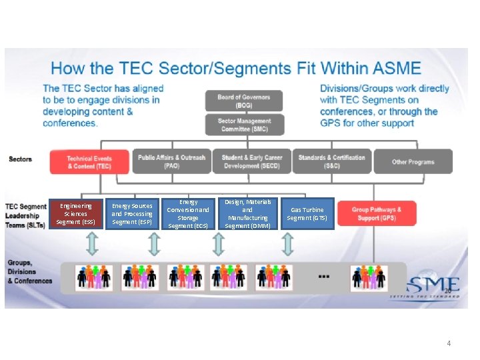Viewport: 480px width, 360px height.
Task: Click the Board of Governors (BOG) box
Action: point(243,101)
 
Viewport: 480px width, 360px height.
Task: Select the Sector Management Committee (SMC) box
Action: point(243,125)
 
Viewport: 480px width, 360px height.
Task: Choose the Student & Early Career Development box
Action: point(251,161)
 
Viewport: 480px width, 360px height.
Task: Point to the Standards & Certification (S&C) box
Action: point(331,161)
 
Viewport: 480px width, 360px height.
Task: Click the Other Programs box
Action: point(413,161)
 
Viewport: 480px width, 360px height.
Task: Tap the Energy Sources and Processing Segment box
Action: point(132,214)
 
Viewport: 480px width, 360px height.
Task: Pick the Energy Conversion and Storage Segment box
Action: point(188,214)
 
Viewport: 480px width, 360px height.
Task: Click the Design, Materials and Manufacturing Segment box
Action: point(247,214)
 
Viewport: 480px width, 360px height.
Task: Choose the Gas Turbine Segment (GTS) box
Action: point(307,214)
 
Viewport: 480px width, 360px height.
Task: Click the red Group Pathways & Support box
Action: point(377,214)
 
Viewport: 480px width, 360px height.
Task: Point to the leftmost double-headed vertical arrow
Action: point(92,244)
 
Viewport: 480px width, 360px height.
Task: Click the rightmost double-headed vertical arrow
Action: point(287,244)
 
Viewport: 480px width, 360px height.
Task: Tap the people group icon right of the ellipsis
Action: point(368,276)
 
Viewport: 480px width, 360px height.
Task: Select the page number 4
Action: point(449,343)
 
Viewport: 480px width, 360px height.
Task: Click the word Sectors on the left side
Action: point(21,159)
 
